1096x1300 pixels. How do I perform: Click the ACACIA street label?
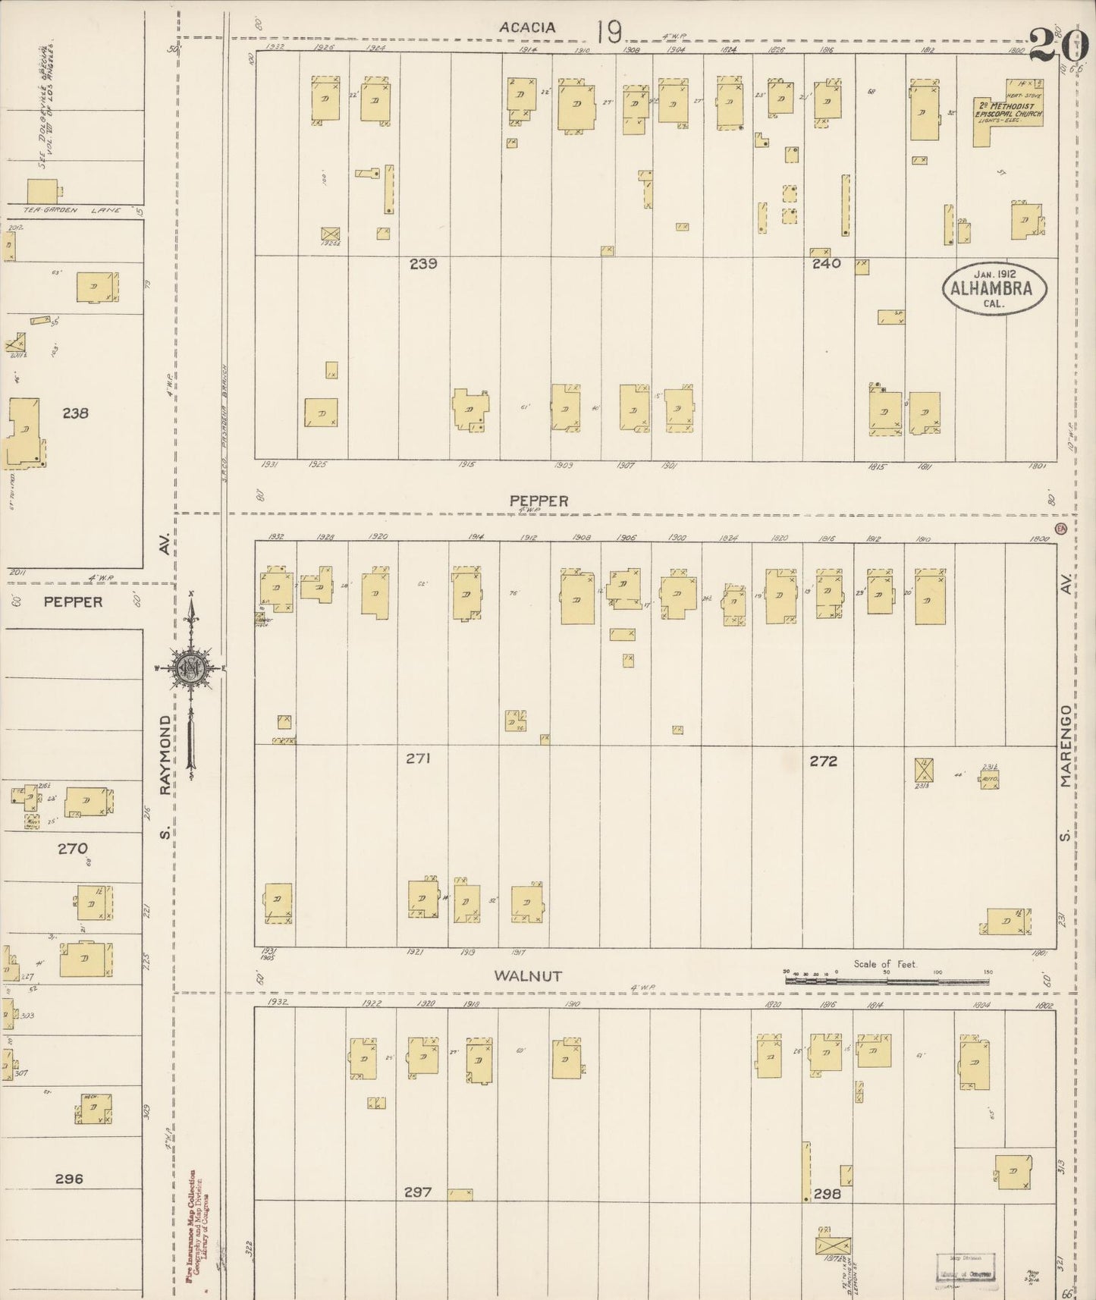coord(527,27)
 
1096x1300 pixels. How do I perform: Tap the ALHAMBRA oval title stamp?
coord(994,288)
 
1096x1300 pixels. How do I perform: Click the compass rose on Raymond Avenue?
coord(190,668)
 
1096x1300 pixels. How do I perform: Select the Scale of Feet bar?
coord(887,980)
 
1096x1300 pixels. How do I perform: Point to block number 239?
coord(423,264)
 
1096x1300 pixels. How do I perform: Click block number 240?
coord(826,264)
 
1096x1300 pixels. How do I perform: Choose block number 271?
coord(418,758)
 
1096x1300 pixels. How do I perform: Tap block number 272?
coord(823,761)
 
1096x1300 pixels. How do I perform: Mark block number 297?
coord(418,1192)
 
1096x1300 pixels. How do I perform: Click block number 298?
coord(827,1194)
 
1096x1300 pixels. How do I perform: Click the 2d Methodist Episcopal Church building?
coord(1007,114)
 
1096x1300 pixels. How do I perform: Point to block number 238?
coord(75,413)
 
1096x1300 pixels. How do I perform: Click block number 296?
coord(69,1179)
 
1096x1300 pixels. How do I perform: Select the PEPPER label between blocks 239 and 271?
coord(539,501)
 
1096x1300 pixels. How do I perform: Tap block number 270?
coord(73,849)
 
